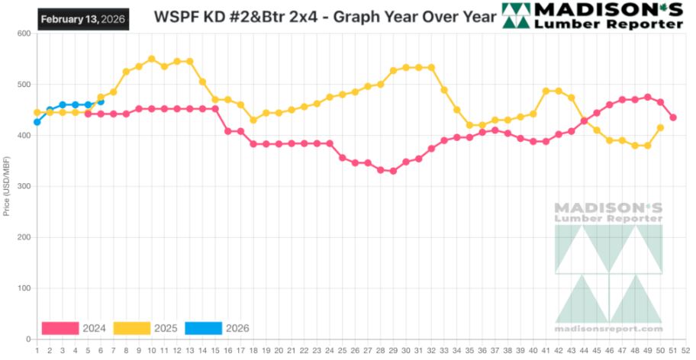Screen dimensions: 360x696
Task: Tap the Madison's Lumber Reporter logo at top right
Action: pos(592,15)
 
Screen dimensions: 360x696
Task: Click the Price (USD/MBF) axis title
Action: pos(7,186)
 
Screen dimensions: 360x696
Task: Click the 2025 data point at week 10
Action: pos(151,59)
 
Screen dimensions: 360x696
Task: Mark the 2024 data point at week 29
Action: pos(393,171)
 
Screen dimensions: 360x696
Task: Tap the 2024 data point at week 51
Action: pos(673,117)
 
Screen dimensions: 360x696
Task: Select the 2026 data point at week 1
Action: pos(37,122)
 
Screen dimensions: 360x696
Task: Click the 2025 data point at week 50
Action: pos(660,127)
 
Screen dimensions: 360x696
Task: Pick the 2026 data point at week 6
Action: pos(101,101)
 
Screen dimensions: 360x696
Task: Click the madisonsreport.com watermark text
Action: pos(608,329)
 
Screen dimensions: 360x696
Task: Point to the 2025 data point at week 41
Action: pos(546,91)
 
